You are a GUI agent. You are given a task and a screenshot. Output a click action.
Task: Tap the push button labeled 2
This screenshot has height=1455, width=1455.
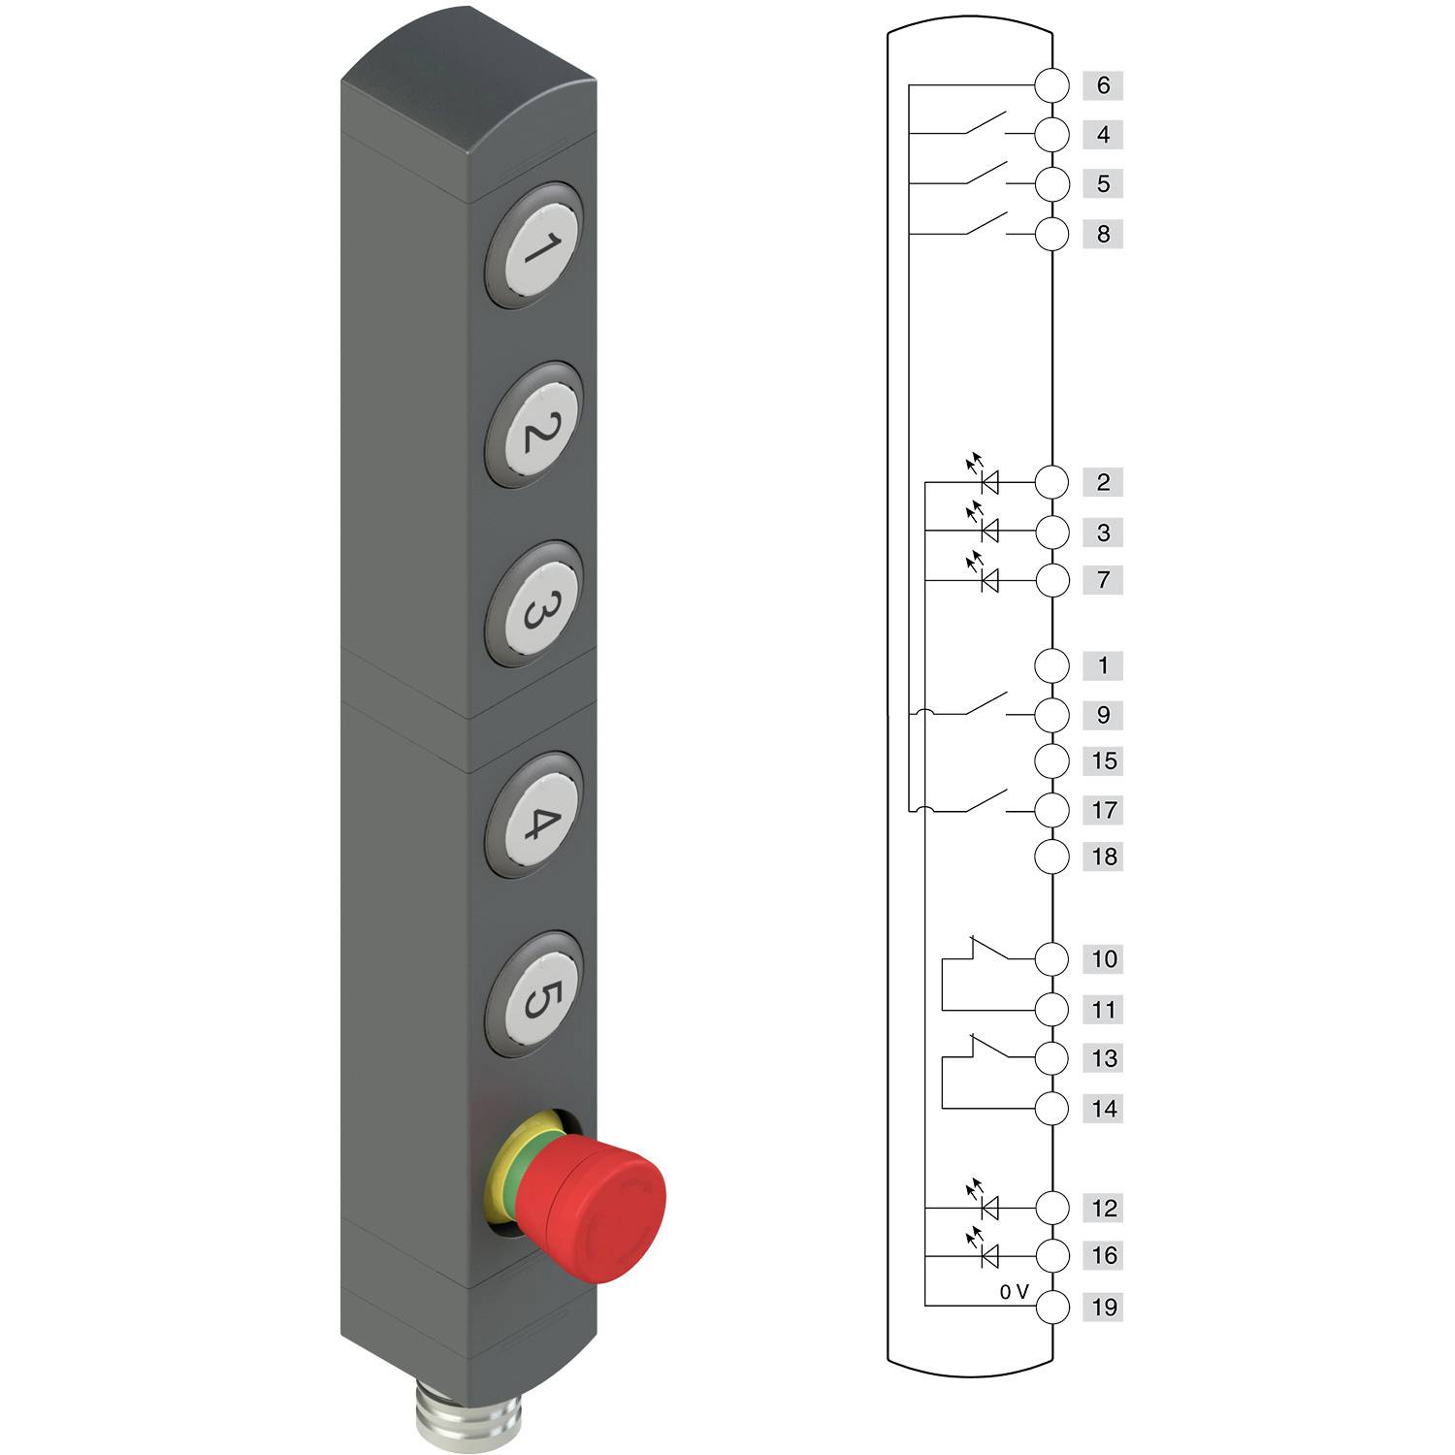tap(534, 427)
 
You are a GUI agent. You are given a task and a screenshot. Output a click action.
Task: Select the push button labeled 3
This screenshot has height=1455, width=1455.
tap(534, 605)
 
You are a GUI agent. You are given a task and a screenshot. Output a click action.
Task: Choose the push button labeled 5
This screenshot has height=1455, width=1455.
tap(534, 995)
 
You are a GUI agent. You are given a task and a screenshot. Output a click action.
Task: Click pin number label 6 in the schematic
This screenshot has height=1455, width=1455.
tap(1103, 85)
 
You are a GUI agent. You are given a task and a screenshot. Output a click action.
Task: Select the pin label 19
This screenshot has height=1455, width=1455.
tap(1104, 1307)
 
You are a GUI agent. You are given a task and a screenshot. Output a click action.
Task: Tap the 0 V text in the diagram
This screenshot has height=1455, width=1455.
tap(1014, 1292)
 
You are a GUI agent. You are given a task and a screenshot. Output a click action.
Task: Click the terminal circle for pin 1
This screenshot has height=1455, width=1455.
tap(1051, 665)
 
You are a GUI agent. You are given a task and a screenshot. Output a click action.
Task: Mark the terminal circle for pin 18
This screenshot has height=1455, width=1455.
tap(1051, 857)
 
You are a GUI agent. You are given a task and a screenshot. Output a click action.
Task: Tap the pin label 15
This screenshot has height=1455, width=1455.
tap(1104, 760)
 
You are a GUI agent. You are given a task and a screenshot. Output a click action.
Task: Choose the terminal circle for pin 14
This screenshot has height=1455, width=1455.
tap(1051, 1108)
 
